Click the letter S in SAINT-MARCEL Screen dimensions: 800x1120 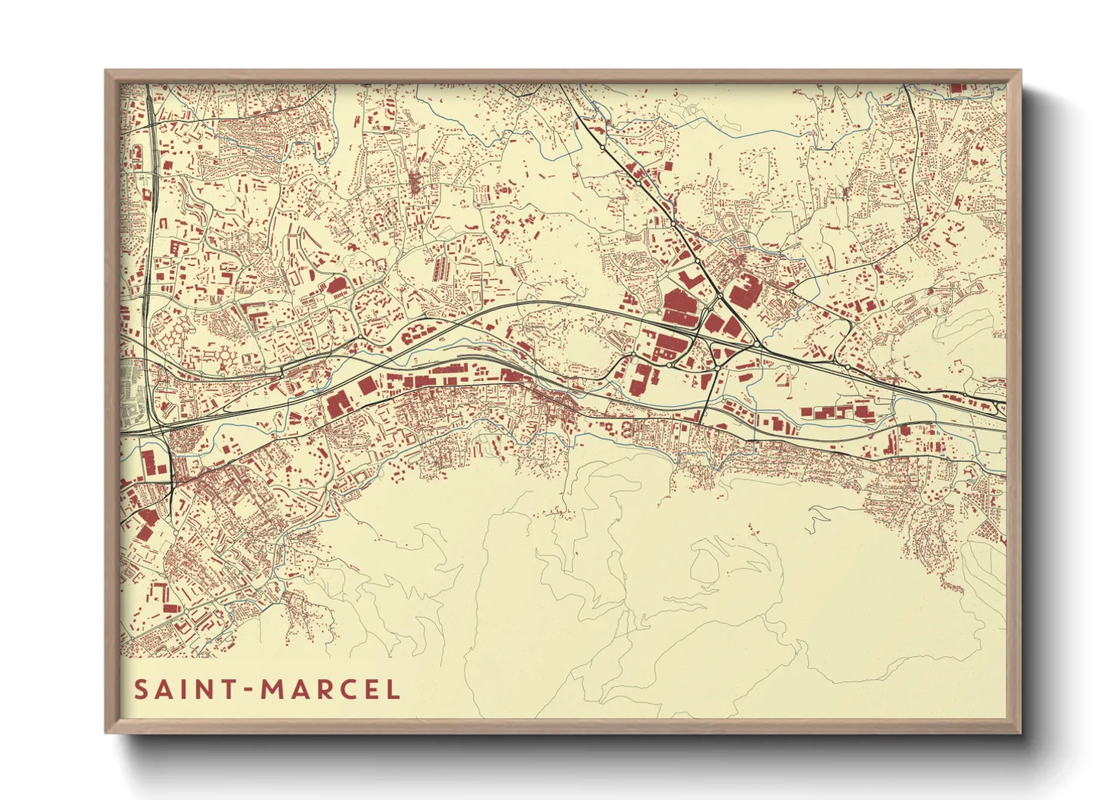click(x=141, y=690)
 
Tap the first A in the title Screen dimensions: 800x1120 click(x=164, y=690)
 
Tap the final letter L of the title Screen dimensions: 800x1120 click(x=394, y=690)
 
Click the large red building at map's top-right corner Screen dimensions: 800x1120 click(x=957, y=88)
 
